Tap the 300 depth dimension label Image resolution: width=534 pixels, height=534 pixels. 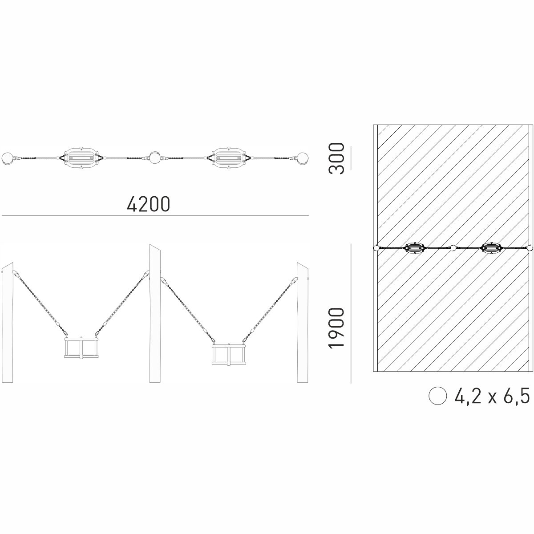tap(336, 158)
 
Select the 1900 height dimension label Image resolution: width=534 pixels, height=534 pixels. tap(336, 328)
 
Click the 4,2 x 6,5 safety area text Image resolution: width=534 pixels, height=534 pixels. tap(492, 396)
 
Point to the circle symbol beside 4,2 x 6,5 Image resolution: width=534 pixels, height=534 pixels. tap(437, 396)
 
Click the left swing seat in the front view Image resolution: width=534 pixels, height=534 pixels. tap(81, 348)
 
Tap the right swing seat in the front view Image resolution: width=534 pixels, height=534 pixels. tap(229, 355)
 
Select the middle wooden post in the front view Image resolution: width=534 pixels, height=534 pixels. tap(155, 313)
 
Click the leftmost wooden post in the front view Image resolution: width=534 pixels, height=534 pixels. tap(7, 322)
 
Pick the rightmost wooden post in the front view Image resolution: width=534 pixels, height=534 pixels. tap(302, 322)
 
